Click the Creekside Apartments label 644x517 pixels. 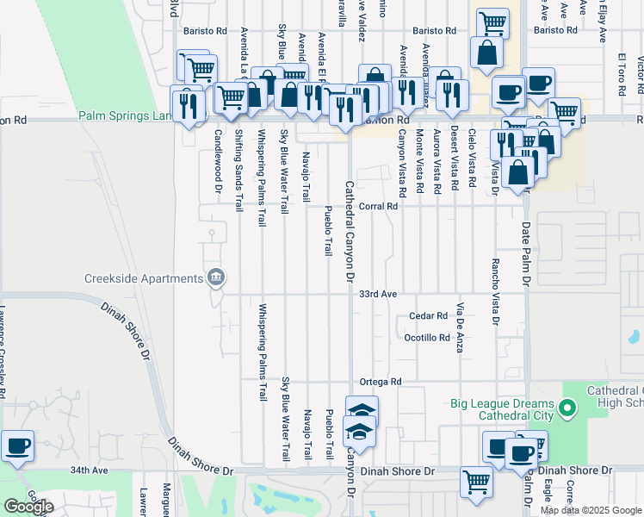[x=143, y=277]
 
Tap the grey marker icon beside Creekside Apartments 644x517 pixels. [x=216, y=277]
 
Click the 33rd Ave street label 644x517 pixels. [x=378, y=294]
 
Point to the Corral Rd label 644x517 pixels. [x=378, y=206]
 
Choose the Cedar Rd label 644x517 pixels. [x=429, y=316]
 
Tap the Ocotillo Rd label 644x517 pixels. [x=427, y=338]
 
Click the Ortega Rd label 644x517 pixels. [x=381, y=381]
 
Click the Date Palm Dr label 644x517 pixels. [x=525, y=254]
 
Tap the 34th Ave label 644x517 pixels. [x=90, y=470]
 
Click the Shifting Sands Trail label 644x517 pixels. [x=239, y=171]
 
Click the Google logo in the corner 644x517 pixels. [x=28, y=507]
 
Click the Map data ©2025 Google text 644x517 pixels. [x=590, y=510]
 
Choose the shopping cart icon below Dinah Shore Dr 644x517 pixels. [x=475, y=483]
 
